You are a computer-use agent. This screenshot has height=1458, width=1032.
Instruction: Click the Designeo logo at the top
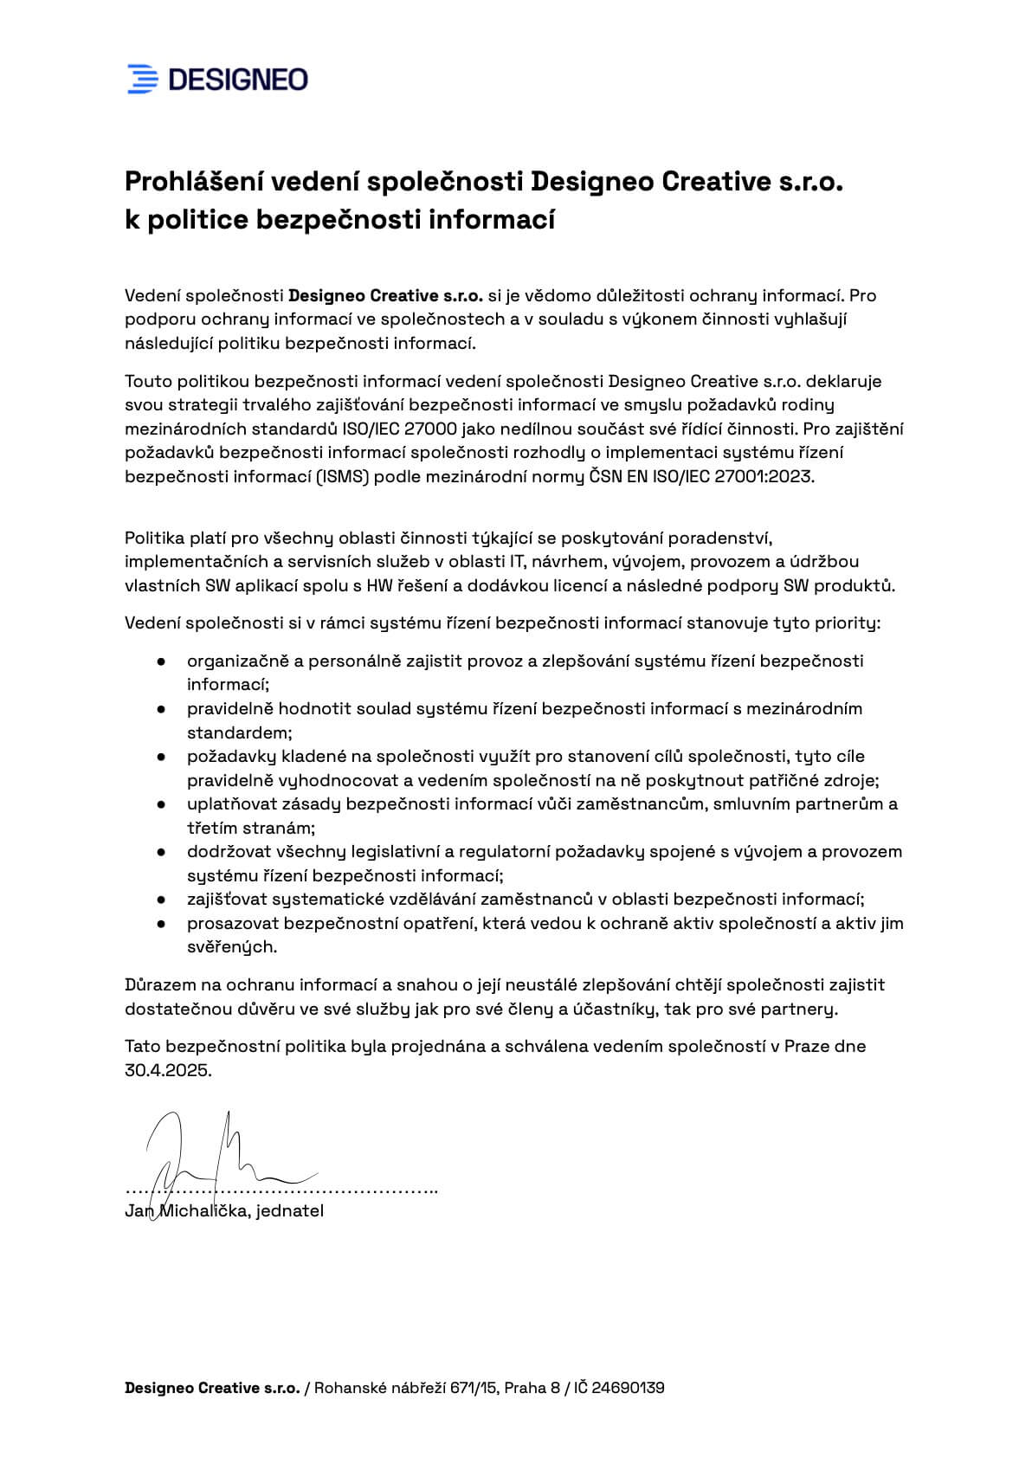[x=217, y=79]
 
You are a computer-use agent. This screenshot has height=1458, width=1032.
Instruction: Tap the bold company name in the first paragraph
[x=385, y=296]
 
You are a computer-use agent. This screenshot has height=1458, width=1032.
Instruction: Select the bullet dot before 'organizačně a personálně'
[x=161, y=661]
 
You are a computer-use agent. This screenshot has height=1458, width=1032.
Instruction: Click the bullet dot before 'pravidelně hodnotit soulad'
[x=161, y=709]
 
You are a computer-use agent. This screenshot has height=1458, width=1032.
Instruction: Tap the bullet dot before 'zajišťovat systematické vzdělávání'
[x=161, y=900]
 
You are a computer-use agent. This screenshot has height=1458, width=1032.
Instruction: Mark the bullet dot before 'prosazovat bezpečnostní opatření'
[x=161, y=924]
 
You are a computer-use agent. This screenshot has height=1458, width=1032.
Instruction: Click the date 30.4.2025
[x=168, y=1070]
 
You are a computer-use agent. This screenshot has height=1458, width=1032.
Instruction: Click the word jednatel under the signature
[x=290, y=1211]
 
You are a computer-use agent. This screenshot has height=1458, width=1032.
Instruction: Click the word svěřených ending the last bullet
[x=232, y=947]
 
